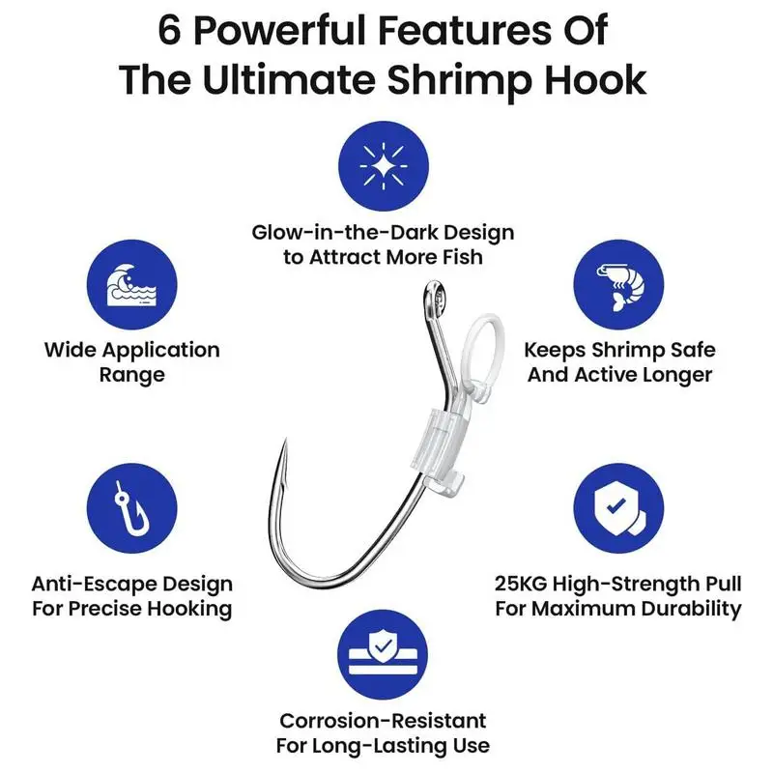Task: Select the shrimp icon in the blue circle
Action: [x=620, y=280]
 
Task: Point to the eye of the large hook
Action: [x=434, y=298]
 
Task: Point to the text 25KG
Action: [x=523, y=584]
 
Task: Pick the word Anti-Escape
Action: [x=88, y=584]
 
